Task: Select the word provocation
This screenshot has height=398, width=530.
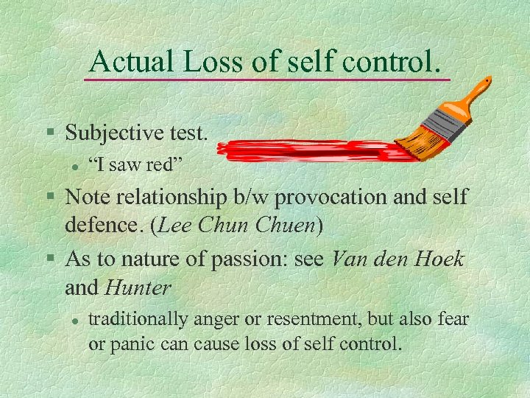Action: pyautogui.click(x=333, y=197)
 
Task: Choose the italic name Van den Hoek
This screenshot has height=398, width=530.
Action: pyautogui.click(x=398, y=259)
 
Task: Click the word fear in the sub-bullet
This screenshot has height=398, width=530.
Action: pyautogui.click(x=451, y=320)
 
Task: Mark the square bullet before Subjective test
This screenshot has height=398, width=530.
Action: pyautogui.click(x=50, y=133)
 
